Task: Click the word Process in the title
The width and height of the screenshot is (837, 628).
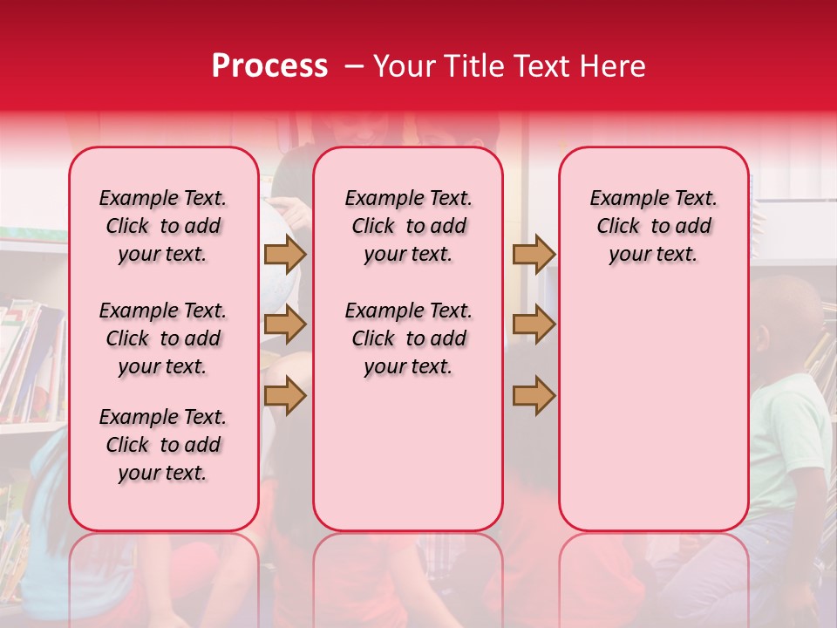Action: [x=269, y=66]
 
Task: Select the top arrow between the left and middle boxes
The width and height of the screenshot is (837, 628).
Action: [x=285, y=254]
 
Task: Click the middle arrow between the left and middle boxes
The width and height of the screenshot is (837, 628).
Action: [x=285, y=324]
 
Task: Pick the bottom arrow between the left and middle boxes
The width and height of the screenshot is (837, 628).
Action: [x=285, y=396]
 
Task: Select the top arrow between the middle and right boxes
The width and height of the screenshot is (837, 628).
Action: [x=534, y=254]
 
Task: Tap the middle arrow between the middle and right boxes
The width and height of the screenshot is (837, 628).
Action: [x=534, y=324]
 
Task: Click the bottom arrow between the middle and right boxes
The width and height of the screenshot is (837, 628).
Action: [x=534, y=396]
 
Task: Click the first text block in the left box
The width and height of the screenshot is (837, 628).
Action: [x=163, y=226]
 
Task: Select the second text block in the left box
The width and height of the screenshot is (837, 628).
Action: [x=163, y=338]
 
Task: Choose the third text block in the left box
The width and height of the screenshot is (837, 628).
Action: [x=163, y=445]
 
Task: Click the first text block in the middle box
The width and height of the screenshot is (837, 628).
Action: [x=408, y=226]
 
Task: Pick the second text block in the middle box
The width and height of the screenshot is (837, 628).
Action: [x=408, y=338]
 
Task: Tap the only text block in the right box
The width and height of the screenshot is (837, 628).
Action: [x=653, y=226]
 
